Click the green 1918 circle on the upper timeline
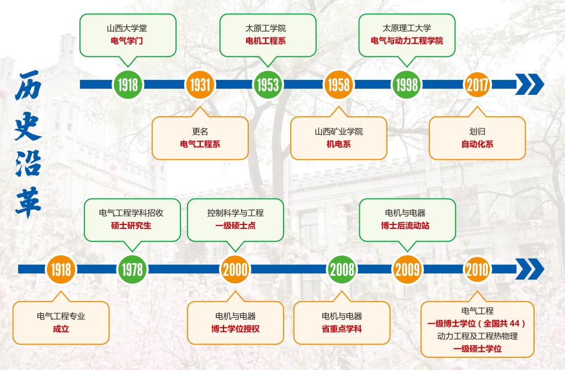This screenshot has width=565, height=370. click(127, 84)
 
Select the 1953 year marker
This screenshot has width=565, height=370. click(268, 84)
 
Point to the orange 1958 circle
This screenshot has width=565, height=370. click(338, 84)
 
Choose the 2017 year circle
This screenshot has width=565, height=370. click(477, 84)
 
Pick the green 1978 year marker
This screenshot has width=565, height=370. click(132, 269)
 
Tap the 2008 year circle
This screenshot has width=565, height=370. click(342, 269)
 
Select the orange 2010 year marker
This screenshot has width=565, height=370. click(477, 269)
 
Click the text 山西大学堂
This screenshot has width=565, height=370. click(127, 28)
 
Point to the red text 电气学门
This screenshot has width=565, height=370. click(127, 41)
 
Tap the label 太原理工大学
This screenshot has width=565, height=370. click(407, 28)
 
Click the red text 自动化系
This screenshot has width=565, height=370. click(477, 144)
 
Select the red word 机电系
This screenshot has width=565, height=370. click(338, 144)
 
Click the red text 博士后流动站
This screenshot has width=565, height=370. click(407, 226)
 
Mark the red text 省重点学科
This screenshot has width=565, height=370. click(342, 329)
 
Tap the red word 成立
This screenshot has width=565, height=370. click(61, 329)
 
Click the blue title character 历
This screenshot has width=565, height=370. click(28, 85)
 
